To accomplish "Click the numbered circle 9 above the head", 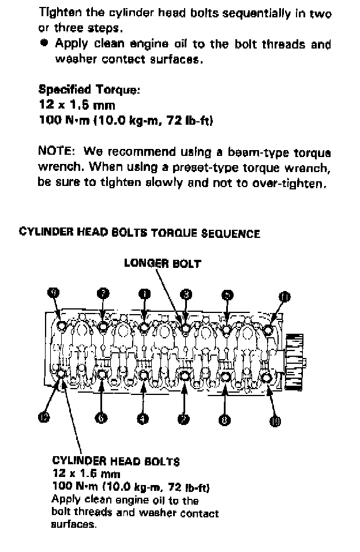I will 54,293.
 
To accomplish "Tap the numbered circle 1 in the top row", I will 144,293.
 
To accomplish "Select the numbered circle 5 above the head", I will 228,294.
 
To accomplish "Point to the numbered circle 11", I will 284,297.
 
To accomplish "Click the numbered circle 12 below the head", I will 44,417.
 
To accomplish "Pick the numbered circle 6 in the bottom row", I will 102,418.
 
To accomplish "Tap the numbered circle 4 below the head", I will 142,418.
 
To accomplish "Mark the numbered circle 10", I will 275,421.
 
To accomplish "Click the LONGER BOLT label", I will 163,263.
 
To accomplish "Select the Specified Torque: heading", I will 88,89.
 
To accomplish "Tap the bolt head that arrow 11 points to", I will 268,331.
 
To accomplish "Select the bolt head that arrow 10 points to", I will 266,378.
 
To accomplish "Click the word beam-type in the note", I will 259,152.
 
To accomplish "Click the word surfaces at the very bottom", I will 74,525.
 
